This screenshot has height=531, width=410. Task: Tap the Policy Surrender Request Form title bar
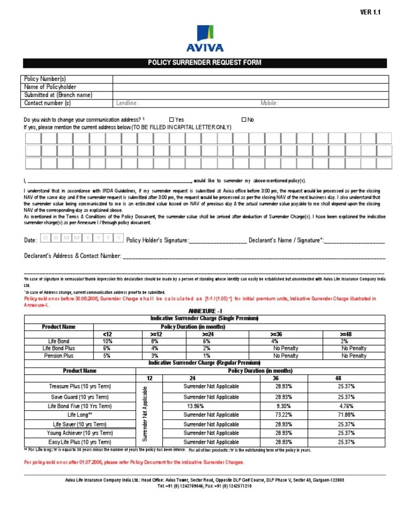point(205,64)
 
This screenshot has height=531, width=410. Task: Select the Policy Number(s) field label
point(45,79)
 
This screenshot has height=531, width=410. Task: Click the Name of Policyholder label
point(50,87)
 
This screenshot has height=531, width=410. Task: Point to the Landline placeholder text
point(128,103)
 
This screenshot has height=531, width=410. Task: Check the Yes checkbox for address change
point(171,120)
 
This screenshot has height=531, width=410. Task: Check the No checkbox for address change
point(244,120)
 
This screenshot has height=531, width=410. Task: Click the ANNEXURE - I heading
point(204,311)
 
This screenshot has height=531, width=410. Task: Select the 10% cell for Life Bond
point(107,341)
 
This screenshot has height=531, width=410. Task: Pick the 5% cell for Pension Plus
point(107,355)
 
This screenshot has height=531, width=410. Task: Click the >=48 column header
point(346,334)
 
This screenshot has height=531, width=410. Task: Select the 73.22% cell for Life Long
point(283,415)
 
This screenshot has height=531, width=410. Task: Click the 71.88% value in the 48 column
point(346,415)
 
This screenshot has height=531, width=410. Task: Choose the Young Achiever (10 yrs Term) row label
point(80,433)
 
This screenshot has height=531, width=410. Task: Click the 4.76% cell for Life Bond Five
point(346,406)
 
